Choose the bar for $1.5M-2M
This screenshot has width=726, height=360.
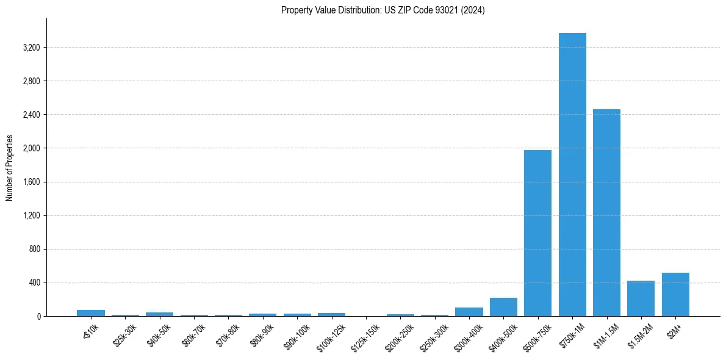click(x=641, y=298)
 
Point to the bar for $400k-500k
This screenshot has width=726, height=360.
click(x=503, y=307)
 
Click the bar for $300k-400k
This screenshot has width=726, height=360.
click(x=469, y=312)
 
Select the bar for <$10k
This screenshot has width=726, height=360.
click(x=91, y=313)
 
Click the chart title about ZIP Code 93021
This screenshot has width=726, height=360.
click(x=383, y=10)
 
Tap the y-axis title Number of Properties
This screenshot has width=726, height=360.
click(x=10, y=168)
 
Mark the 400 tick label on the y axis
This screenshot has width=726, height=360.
click(x=34, y=283)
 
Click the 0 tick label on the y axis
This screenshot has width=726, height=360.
click(x=38, y=317)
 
